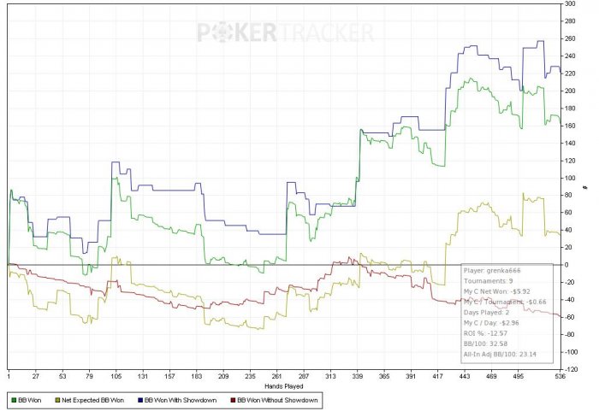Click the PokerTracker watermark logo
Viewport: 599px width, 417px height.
(286, 32)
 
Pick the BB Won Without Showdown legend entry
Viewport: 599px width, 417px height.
(280, 399)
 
